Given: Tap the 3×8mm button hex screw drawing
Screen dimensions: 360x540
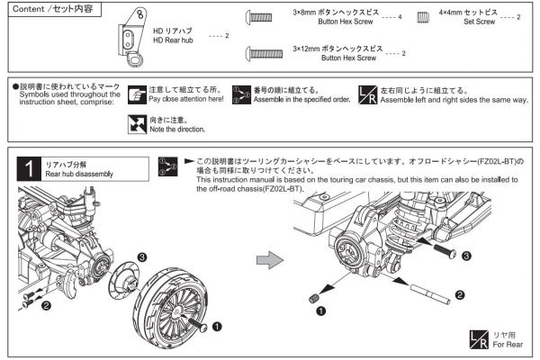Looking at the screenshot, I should coord(259,17).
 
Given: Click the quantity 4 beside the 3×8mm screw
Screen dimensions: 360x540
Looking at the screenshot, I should coord(400,17).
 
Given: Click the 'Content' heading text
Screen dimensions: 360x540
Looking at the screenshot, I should coord(29,8).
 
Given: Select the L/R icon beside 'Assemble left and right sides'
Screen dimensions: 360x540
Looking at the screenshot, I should coord(367,94).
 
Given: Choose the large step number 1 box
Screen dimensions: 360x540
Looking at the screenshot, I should coord(30,167).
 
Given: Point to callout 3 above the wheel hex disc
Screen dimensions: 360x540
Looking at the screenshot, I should coord(143,257).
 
